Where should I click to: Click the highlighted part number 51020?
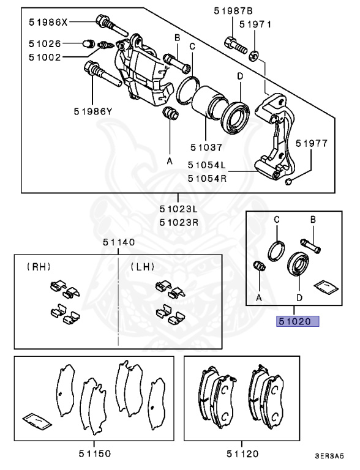[x=297, y=321]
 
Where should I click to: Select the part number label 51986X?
[x=48, y=21]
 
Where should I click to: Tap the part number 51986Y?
[x=92, y=111]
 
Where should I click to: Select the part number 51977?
[x=312, y=144]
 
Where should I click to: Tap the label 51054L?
[x=207, y=165]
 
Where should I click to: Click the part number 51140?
[x=119, y=243]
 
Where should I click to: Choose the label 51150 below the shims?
[x=94, y=453]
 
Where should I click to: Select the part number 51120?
[x=242, y=453]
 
